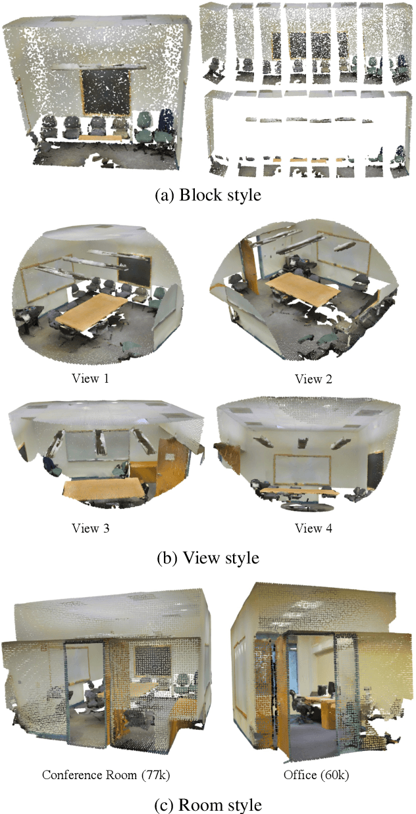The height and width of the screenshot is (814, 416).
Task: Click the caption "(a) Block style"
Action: click(x=208, y=195)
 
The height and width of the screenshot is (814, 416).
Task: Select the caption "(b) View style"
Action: click(x=208, y=558)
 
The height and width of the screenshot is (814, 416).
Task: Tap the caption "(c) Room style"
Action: click(x=208, y=804)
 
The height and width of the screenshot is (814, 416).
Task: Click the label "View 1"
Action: click(x=91, y=378)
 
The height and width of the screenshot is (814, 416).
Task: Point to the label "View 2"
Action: click(x=313, y=379)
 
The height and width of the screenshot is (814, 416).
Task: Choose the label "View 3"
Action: click(x=91, y=528)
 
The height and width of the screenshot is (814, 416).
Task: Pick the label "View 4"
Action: click(x=313, y=528)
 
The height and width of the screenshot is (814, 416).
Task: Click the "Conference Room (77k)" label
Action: click(x=106, y=775)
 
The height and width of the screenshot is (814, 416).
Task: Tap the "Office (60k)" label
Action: click(x=316, y=775)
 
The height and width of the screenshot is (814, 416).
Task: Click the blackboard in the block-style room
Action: click(x=106, y=92)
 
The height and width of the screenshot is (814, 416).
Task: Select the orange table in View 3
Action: click(x=103, y=489)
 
